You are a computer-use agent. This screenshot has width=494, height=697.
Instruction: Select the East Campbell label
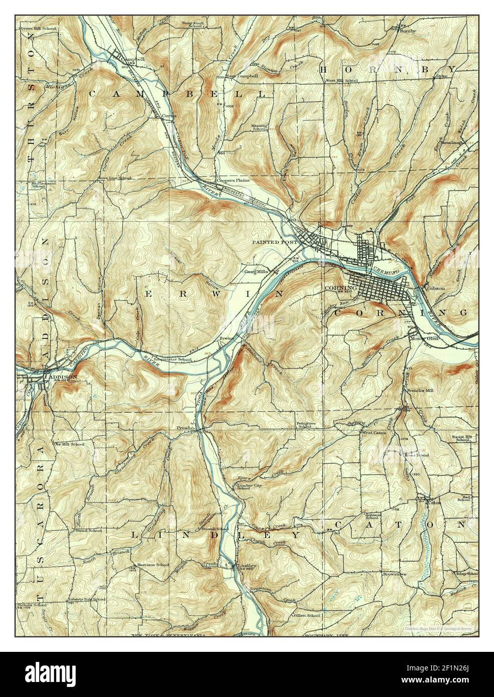tap(242, 76)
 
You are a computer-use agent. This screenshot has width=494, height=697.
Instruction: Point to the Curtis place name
tap(168, 115)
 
